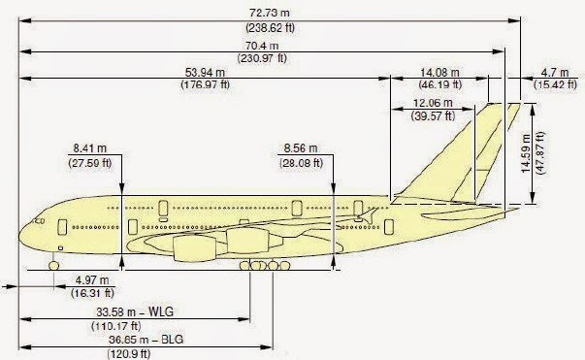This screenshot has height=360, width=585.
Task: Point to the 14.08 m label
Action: click(x=439, y=71)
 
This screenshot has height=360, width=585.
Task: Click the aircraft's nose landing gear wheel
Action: click(x=53, y=263)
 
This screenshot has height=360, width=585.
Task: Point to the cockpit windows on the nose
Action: click(x=40, y=220)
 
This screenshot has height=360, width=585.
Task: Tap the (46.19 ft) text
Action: click(x=439, y=84)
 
